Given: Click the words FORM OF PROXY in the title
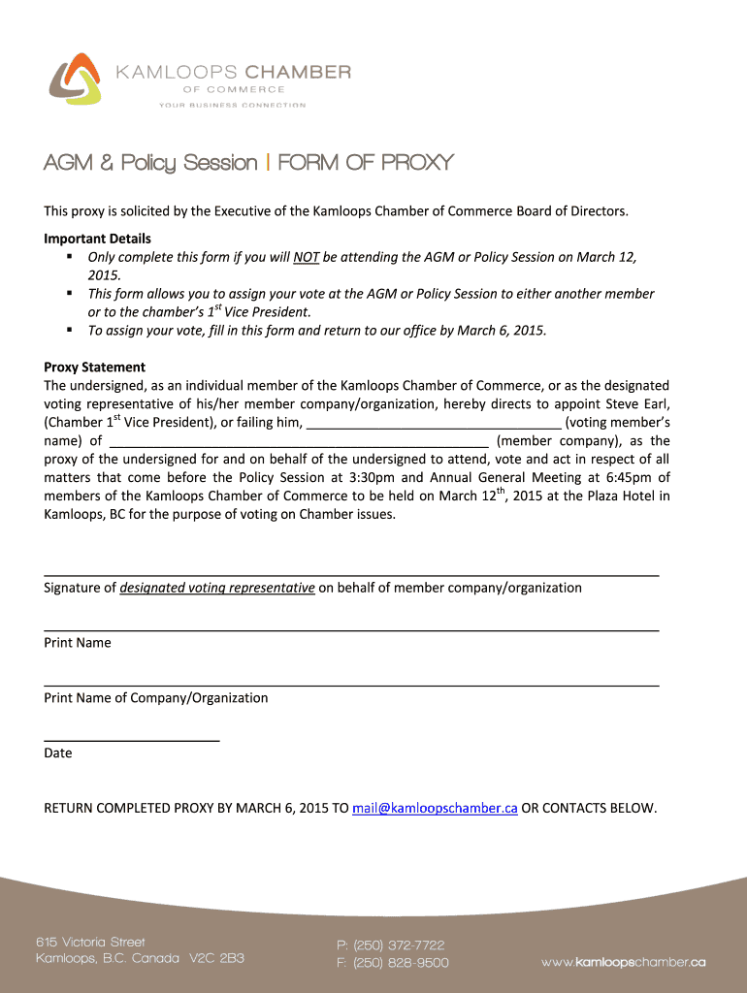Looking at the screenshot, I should tap(366, 163).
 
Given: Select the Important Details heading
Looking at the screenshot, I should tap(97, 239).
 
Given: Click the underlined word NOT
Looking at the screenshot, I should tap(308, 257).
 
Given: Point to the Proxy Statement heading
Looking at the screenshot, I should tap(94, 368).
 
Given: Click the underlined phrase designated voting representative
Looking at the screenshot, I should tap(217, 588).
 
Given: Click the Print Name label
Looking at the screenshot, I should tap(78, 643).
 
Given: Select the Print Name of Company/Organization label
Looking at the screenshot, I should tap(156, 698).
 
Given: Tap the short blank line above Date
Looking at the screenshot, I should tap(132, 740).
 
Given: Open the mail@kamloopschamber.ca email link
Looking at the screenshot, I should tap(435, 808).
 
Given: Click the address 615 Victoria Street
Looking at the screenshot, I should tap(90, 942).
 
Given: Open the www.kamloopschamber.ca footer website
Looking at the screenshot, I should tap(623, 962).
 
